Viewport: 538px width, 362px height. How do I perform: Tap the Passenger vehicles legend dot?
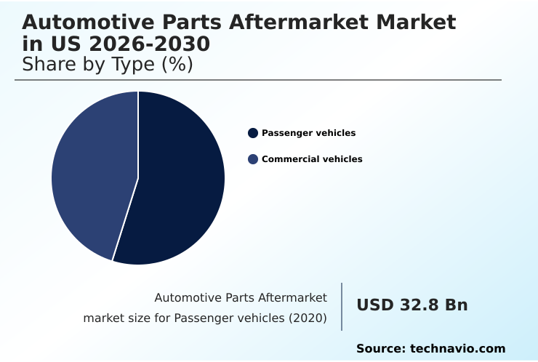(253, 133)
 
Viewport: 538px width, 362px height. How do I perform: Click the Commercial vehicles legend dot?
(253, 159)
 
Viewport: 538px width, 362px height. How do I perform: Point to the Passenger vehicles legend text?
(308, 133)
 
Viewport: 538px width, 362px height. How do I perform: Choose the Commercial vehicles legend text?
(312, 159)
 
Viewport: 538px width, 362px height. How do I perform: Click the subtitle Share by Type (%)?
(107, 65)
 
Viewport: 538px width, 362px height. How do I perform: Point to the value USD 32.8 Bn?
(411, 305)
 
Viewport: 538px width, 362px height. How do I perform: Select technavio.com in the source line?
(457, 349)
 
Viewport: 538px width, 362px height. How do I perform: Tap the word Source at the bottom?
(380, 349)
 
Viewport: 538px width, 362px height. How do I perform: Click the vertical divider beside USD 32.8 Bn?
(342, 307)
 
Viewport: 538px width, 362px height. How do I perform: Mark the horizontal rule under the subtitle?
(258, 80)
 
